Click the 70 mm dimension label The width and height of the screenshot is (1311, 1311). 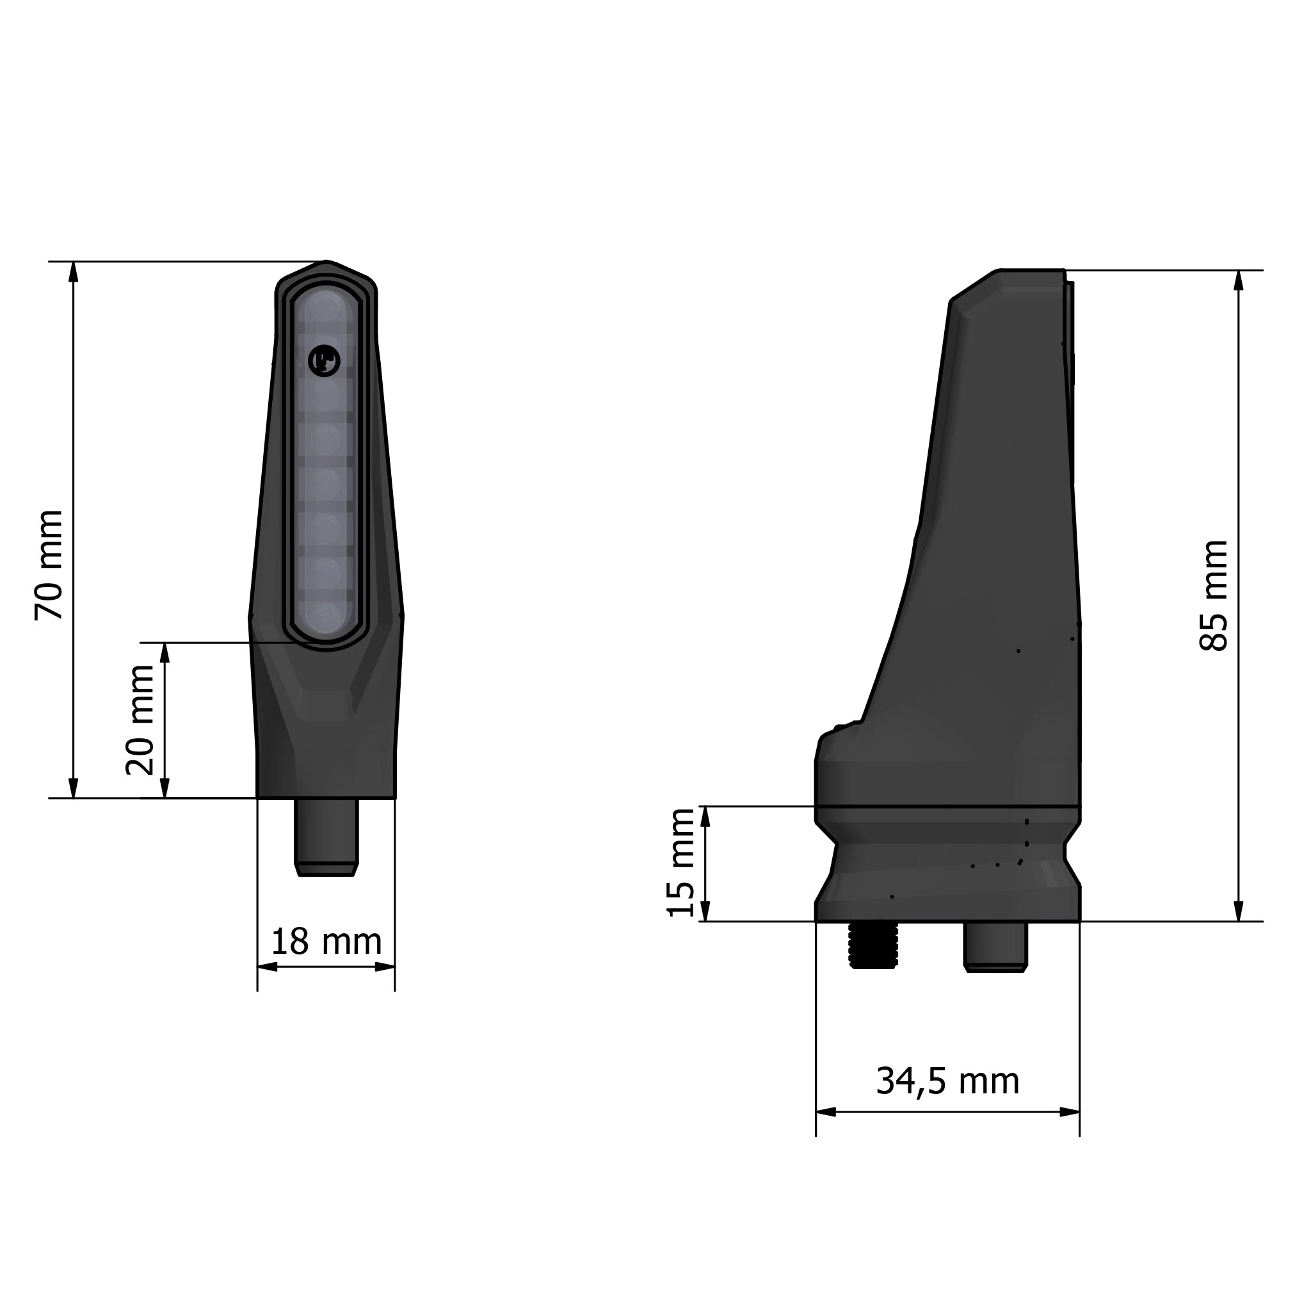[49, 565]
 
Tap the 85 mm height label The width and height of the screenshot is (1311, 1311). [1214, 596]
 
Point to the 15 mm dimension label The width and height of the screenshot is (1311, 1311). [680, 862]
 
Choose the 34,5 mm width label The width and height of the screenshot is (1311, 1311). [947, 1081]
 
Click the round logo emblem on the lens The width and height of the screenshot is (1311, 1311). [324, 360]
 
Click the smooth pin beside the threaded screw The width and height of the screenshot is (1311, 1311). [995, 945]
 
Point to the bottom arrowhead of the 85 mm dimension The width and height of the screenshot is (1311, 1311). [1239, 912]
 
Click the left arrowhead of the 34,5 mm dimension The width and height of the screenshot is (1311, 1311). [825, 1112]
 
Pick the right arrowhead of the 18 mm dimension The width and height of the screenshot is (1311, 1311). [385, 967]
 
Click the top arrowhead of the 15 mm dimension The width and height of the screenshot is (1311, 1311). [704, 816]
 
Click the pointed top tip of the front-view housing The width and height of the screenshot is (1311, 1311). [326, 262]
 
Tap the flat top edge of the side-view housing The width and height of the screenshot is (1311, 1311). [1031, 271]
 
